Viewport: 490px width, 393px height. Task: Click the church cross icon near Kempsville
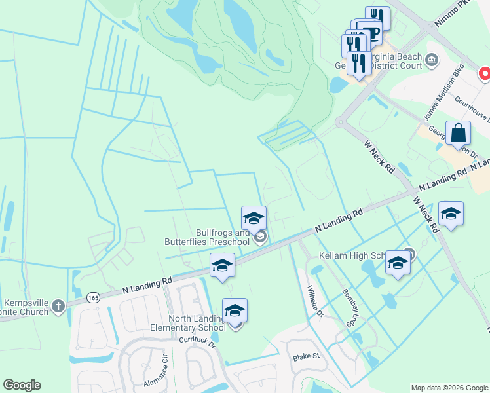(x=58, y=305)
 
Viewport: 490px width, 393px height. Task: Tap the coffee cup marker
(x=371, y=31)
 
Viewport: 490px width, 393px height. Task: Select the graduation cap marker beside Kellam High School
(x=397, y=263)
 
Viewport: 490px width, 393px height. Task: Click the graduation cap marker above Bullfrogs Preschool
(x=254, y=217)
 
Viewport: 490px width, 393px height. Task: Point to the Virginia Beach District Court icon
(x=432, y=61)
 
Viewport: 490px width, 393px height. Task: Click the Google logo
(x=22, y=385)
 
